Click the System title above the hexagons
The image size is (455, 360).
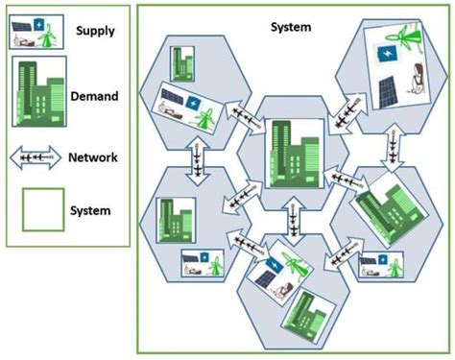[291, 27]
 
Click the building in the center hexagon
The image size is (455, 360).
[294, 152]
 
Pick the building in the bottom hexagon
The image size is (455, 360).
[312, 311]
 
